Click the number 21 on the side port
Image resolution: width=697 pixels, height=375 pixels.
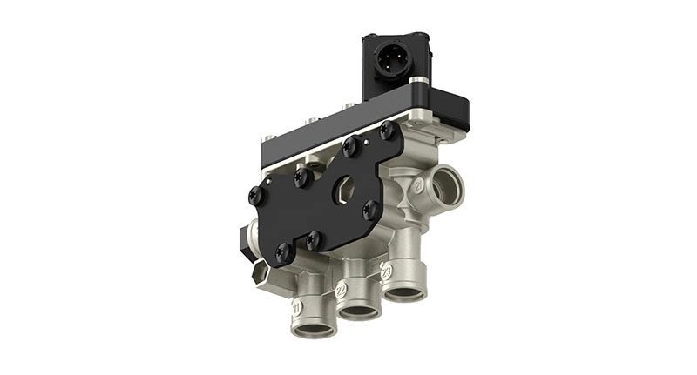click(418, 186)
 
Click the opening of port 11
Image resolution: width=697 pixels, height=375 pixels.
click(314, 330)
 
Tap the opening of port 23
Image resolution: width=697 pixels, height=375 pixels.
click(404, 292)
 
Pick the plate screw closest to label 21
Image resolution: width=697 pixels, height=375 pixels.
click(371, 209)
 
